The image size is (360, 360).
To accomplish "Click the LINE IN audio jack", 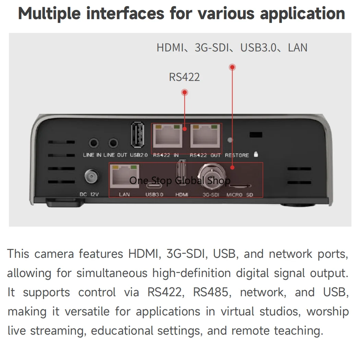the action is pos(94,143).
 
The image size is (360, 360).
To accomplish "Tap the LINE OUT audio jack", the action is pos(113,143).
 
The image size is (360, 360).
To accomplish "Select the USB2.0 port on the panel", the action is pos(137,135).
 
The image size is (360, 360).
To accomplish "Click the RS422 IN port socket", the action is pos(168,136).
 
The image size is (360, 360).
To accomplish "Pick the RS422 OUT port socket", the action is pos(205,136).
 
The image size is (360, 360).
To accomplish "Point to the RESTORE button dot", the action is pos(230,140).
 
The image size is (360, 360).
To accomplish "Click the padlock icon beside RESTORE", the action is pos(256,154).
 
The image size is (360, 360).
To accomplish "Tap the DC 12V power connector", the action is pos(91,177).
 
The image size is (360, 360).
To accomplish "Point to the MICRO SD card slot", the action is pos(240,185).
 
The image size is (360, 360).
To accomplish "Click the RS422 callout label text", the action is pos(184,77).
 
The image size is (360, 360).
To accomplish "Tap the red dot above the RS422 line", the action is pos(184,92).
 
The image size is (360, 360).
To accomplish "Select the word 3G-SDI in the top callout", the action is pos(212,48).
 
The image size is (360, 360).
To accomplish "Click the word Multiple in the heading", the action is pos(49,14).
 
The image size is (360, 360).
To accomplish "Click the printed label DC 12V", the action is pos(89,194).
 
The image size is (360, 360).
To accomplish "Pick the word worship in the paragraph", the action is pos(328,312).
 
